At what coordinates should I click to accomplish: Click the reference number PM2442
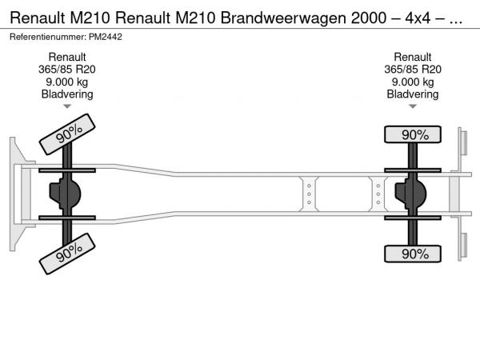[x=107, y=37]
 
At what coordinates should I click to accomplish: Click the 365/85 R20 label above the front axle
[x=67, y=70]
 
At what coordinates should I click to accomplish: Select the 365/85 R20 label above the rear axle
[x=413, y=70]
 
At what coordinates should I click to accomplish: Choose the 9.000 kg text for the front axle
[x=67, y=82]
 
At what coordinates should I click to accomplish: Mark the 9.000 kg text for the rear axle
[x=413, y=82]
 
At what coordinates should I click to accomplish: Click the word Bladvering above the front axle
[x=67, y=94]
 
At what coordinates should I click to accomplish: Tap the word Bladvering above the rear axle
[x=413, y=94]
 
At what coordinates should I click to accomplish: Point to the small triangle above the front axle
[x=67, y=106]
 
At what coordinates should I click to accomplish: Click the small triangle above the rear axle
[x=413, y=106]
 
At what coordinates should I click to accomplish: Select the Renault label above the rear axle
[x=413, y=58]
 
